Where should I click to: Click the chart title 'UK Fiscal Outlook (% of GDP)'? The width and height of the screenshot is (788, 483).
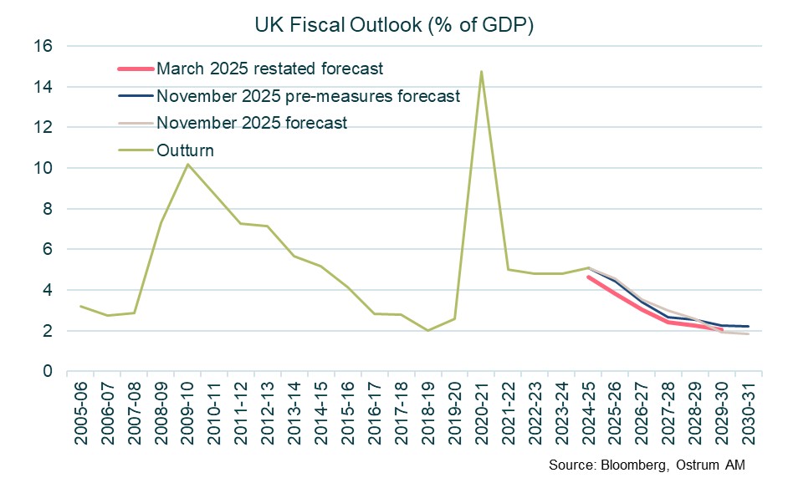point(394,25)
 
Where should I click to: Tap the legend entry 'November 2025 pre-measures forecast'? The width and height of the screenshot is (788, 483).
point(309,95)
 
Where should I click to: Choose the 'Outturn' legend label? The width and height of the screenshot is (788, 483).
point(185,150)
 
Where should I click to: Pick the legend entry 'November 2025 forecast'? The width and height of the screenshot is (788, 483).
point(252,123)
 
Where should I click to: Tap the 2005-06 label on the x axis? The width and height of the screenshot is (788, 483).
point(82,410)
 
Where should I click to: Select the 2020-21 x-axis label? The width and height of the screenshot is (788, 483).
point(482,410)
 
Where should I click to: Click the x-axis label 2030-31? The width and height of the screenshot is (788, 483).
point(747,410)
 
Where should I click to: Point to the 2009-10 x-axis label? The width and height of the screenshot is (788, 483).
point(188,410)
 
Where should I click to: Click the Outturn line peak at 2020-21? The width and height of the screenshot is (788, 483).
point(481,72)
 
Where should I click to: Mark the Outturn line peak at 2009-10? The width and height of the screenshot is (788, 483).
point(187,164)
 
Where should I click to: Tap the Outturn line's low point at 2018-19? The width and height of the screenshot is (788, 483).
point(427,330)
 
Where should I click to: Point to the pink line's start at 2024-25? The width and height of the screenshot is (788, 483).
point(587,277)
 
